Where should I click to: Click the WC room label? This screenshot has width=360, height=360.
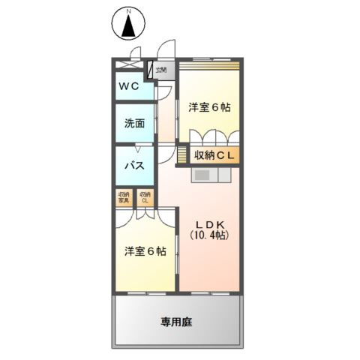tap(127, 86)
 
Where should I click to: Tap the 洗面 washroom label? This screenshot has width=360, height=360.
tap(133, 124)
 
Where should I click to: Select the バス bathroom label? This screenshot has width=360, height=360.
tap(133, 165)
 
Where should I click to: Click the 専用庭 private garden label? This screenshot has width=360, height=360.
tap(176, 322)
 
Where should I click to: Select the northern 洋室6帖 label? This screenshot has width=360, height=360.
tap(208, 107)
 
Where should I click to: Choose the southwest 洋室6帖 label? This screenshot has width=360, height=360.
tap(145, 251)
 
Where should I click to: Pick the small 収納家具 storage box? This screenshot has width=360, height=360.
tap(124, 199)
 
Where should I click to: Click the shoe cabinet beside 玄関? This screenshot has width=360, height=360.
tap(151, 70)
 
